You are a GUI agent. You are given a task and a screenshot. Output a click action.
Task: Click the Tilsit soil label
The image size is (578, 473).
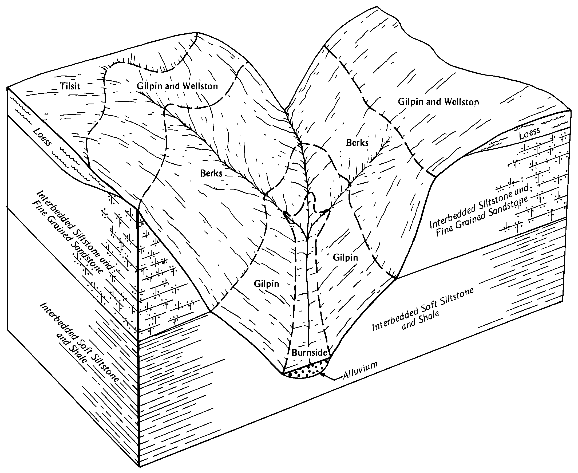pos(70,86)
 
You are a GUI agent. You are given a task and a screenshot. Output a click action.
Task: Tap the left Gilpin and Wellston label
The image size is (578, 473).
pos(177,86)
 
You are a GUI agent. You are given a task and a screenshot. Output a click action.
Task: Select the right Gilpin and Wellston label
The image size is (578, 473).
pos(438,102)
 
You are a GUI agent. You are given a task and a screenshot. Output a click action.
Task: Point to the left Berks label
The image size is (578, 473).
pos(211,173)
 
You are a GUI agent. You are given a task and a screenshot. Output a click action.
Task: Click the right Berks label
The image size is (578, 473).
pos(357,143)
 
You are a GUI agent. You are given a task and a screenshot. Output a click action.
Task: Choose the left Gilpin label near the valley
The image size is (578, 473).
pos(266,284)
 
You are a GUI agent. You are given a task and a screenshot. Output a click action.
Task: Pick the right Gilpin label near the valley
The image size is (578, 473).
pos(345,258)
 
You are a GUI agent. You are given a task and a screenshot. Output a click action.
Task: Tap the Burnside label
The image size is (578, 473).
pos(309,353)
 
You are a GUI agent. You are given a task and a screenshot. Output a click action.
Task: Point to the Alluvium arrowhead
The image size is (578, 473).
pos(323,375)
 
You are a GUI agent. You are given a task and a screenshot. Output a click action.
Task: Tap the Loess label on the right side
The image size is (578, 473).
pos(529,134)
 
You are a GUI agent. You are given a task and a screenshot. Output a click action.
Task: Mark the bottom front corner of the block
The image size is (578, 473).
pos(140,467)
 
